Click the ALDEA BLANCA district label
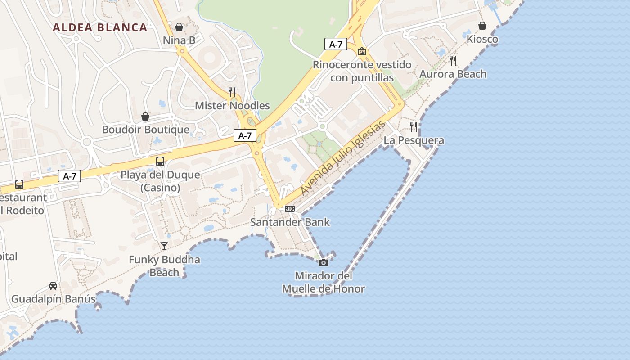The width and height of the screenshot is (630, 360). pos(100,27)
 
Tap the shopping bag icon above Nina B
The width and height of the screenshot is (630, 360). pos(179,27)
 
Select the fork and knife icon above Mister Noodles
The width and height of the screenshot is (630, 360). pos(232,92)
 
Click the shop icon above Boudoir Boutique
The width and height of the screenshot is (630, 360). pos(145,117)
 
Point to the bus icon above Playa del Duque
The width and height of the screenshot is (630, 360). pos(160,162)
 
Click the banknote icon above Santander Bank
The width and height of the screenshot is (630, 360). pos(290,209)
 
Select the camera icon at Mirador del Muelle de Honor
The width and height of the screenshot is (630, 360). pos(323,262)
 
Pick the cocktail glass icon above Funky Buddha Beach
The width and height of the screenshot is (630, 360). pos(164,246)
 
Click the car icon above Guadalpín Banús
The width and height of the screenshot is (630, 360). pos(53,286)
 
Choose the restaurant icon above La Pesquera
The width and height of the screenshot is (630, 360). pos(414,127)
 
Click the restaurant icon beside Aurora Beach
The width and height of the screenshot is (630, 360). pos(453,61)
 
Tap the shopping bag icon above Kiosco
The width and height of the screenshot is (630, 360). pos(482,26)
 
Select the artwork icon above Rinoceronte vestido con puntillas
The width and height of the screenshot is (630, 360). pos(361,51)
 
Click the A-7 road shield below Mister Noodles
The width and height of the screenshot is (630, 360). pos(245,135)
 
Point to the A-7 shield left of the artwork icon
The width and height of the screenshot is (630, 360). pos(336,44)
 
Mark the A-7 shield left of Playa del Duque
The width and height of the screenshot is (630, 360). pos(69,176)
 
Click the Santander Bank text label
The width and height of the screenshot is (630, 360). pos(290,222)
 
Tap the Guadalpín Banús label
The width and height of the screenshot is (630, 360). pos(53,299)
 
